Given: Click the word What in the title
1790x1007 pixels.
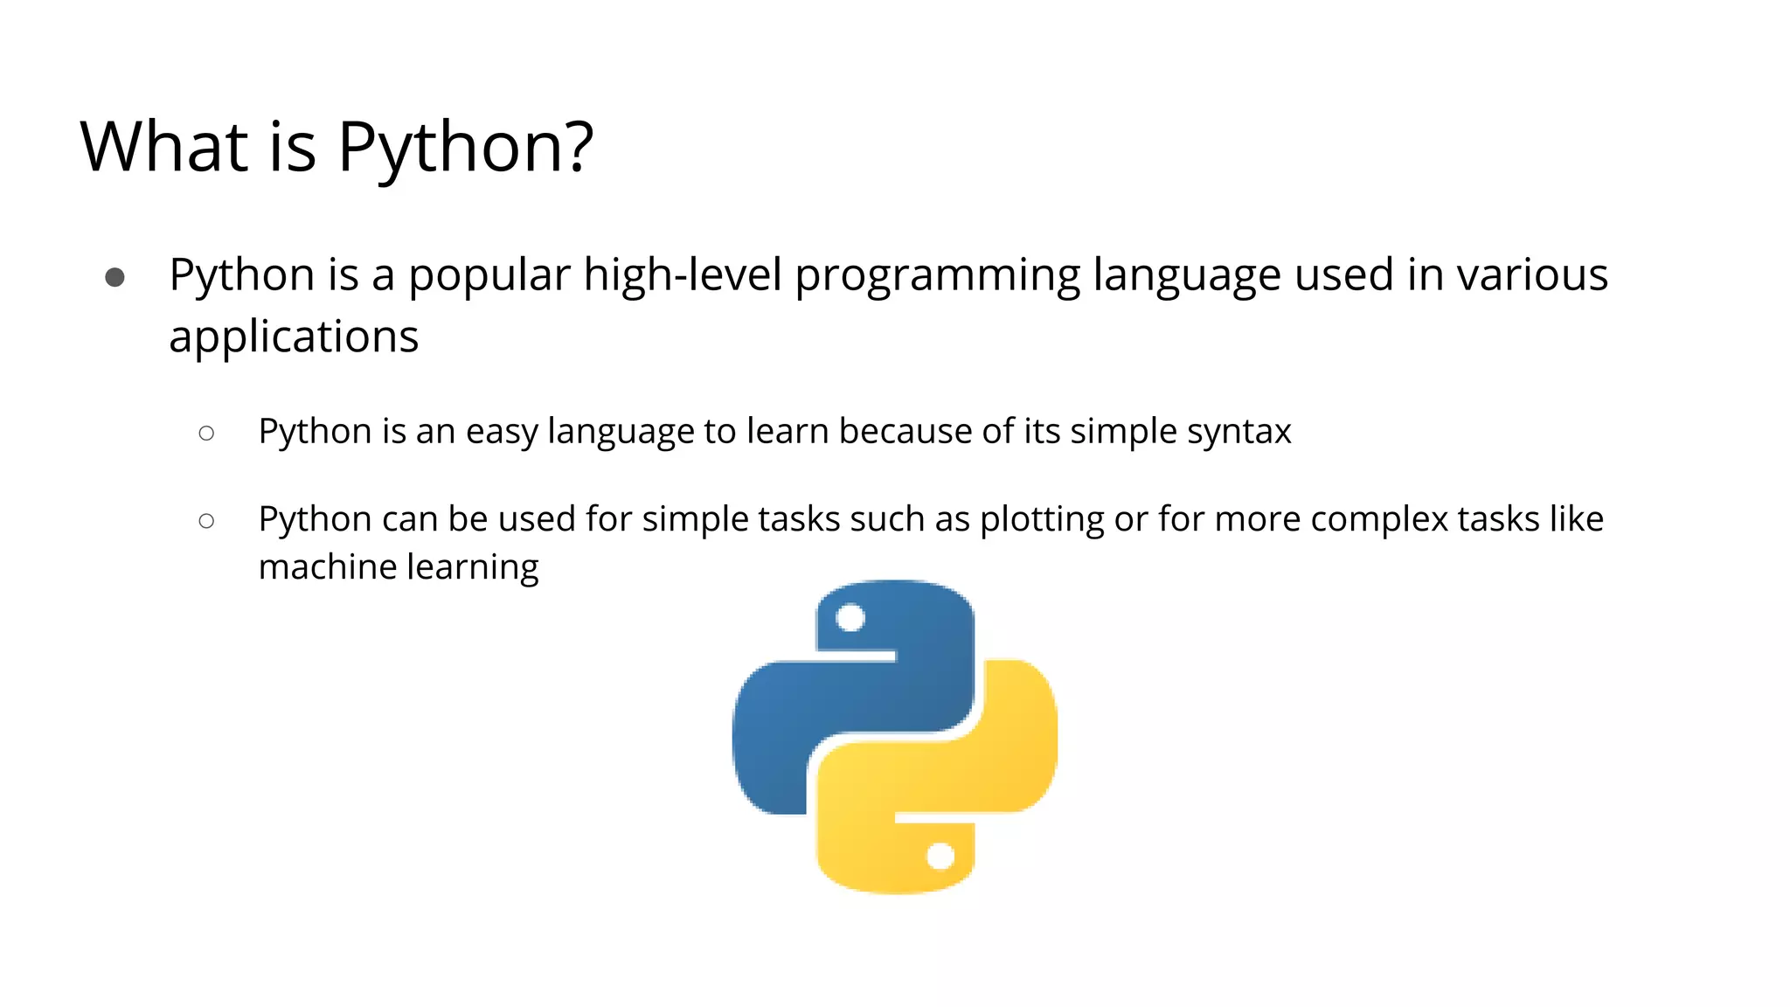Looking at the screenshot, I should pyautogui.click(x=164, y=146).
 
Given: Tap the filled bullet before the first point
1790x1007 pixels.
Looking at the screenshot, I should pyautogui.click(x=114, y=278).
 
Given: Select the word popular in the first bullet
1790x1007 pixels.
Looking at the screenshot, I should pyautogui.click(x=489, y=276).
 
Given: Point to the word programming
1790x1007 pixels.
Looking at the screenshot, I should pyautogui.click(x=938, y=276).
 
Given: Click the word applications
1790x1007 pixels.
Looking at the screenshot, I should pyautogui.click(x=294, y=337).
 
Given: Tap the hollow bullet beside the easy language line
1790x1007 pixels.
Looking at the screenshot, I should pyautogui.click(x=206, y=433).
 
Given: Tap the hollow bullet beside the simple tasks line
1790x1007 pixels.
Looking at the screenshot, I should pyautogui.click(x=206, y=521).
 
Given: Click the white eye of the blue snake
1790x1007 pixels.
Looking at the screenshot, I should pyautogui.click(x=850, y=619).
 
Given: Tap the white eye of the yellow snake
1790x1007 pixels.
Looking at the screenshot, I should pyautogui.click(x=940, y=856).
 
